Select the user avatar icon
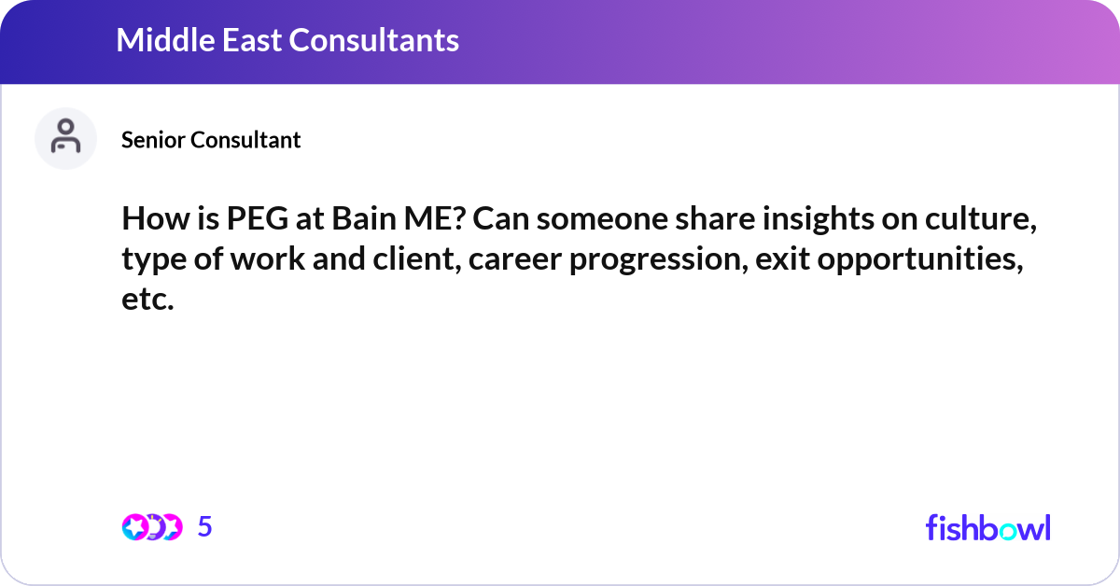click(65, 138)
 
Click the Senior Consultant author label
click(211, 140)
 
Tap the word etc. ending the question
click(147, 300)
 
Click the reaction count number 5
click(205, 527)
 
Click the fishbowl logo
click(987, 527)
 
